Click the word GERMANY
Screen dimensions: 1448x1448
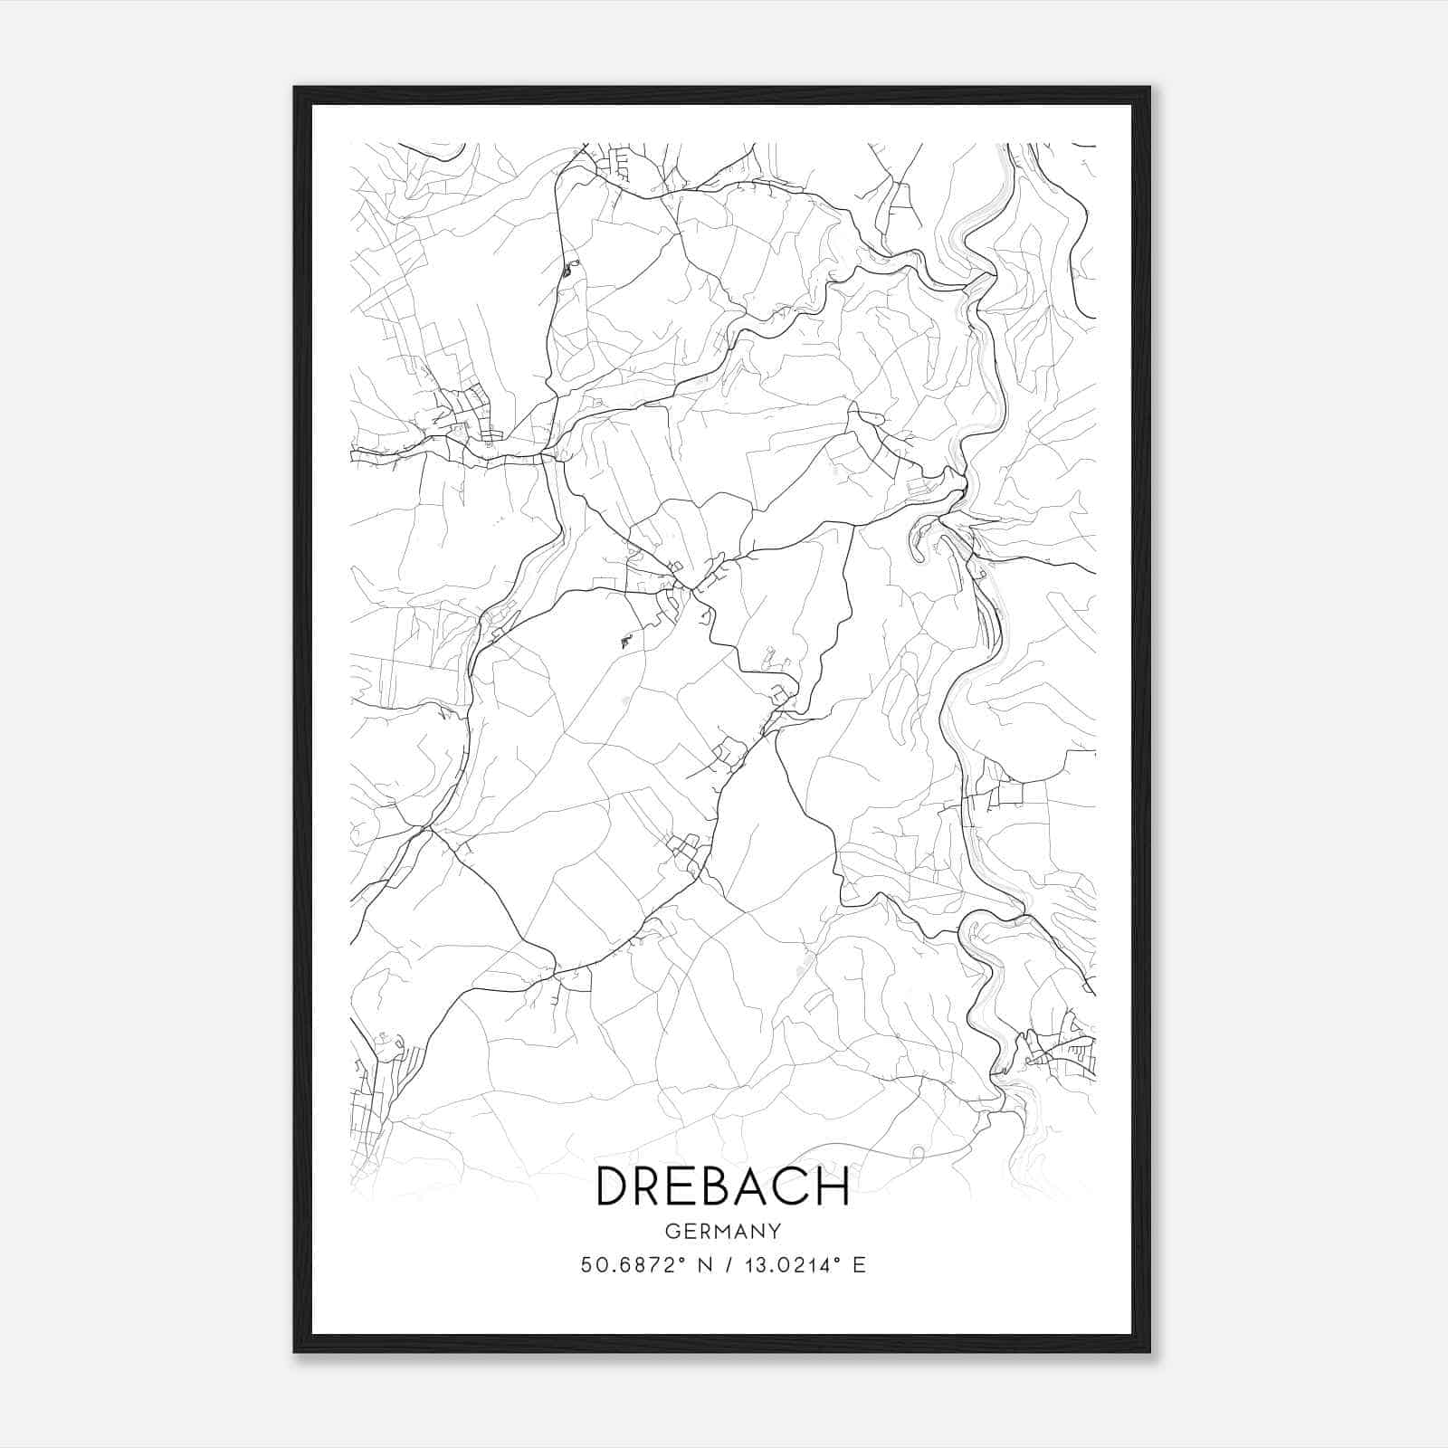[x=722, y=1231]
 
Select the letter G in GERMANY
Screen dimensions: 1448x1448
[x=671, y=1231]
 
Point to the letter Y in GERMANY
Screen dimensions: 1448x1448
[x=775, y=1231]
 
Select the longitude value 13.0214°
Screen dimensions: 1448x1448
[x=786, y=1265]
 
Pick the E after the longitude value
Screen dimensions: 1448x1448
[x=859, y=1265]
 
